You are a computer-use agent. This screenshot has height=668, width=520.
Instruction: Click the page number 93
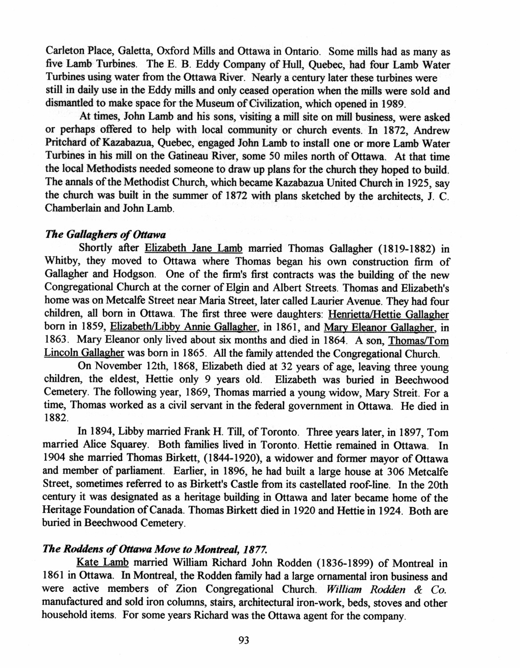click(244, 640)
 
